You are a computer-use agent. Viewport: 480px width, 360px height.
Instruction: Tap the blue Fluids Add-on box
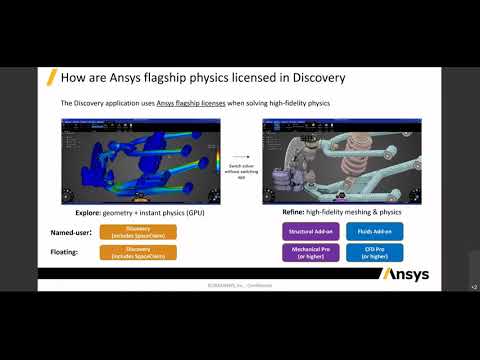[x=373, y=231]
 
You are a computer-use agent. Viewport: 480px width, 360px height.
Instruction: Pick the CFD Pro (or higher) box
[x=373, y=253]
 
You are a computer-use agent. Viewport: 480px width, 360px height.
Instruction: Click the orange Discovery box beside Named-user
[x=138, y=232]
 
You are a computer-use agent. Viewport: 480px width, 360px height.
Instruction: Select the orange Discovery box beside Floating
[x=138, y=253]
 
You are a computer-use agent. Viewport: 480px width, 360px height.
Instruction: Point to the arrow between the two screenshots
[x=240, y=156]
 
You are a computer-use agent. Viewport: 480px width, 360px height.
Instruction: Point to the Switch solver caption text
[x=240, y=172]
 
